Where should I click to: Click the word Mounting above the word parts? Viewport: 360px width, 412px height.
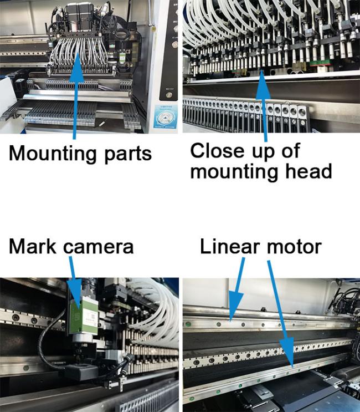(53, 154)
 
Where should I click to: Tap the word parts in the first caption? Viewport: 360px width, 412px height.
(128, 155)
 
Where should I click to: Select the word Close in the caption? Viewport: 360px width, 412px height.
(217, 151)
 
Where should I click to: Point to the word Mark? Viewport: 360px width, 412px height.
(33, 246)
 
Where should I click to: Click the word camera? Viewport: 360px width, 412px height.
(99, 247)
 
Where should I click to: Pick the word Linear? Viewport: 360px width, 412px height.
(230, 246)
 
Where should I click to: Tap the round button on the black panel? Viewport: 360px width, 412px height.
(169, 95)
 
